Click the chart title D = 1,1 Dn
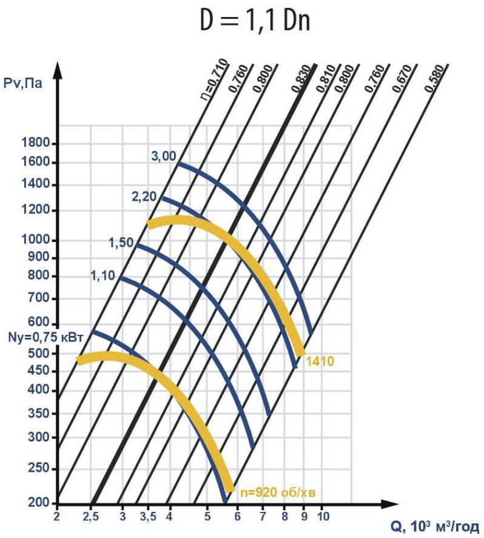[255, 21]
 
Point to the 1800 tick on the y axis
[36, 144]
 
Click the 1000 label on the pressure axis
[36, 240]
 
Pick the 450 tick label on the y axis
[41, 371]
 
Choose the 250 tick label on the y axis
[41, 469]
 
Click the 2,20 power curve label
[144, 196]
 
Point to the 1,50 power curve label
[121, 243]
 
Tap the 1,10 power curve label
[103, 276]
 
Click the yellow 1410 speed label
[320, 362]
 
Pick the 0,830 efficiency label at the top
[301, 78]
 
